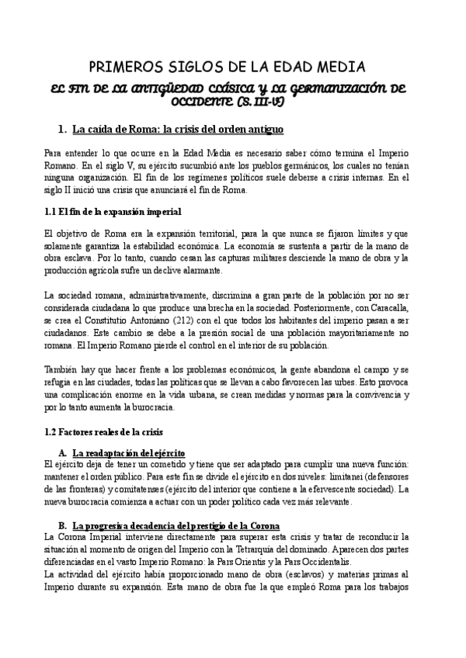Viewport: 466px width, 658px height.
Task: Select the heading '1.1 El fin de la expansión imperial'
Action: pos(113,211)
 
